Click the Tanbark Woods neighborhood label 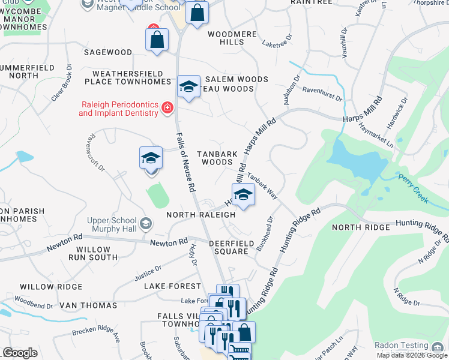pyautogui.click(x=217, y=158)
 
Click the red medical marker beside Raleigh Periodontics pyautogui.click(x=167, y=108)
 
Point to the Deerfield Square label pyautogui.click(x=229, y=247)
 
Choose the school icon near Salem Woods pyautogui.click(x=188, y=86)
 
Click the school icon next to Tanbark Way pyautogui.click(x=243, y=194)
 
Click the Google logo pyautogui.click(x=20, y=353)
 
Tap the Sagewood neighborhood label pyautogui.click(x=107, y=53)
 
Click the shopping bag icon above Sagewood pyautogui.click(x=157, y=40)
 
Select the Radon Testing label pyautogui.click(x=401, y=346)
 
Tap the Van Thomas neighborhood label pyautogui.click(x=88, y=305)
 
